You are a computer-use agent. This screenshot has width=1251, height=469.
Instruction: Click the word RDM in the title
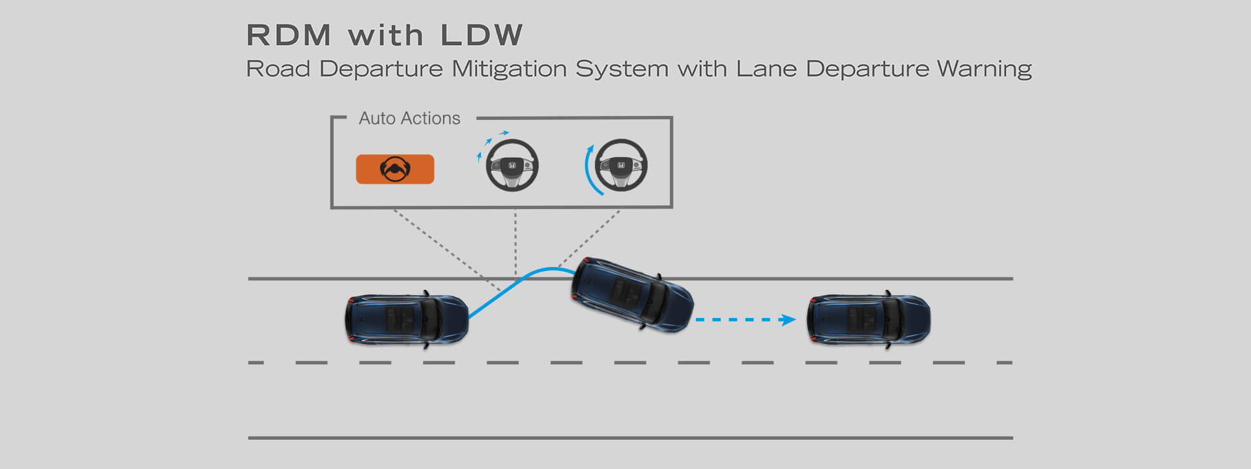(289, 35)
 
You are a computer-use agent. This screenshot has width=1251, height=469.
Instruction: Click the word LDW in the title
(482, 35)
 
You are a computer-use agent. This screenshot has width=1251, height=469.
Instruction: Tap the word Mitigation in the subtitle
(509, 69)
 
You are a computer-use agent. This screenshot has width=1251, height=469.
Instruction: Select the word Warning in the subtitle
(984, 69)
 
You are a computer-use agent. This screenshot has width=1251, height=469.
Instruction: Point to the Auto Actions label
(409, 119)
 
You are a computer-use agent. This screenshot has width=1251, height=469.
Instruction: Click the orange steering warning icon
(395, 169)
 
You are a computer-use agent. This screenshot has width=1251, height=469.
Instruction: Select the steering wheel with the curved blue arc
(616, 166)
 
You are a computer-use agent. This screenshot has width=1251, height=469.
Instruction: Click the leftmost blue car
(407, 320)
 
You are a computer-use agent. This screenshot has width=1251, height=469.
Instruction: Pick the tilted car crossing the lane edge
(632, 294)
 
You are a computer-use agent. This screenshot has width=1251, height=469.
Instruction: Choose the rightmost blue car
(869, 320)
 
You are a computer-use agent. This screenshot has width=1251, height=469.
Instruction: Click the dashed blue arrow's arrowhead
(788, 320)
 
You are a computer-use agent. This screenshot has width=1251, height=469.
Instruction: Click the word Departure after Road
(381, 69)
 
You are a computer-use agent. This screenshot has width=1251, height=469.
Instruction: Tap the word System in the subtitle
(622, 69)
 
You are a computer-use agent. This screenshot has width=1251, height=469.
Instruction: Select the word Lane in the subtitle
(766, 69)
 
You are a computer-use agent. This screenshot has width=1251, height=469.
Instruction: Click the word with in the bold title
(386, 35)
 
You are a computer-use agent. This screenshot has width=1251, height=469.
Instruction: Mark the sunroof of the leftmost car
(400, 320)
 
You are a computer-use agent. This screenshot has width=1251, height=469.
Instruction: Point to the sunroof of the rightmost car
(861, 320)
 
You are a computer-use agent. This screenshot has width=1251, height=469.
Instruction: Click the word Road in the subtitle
(278, 69)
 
